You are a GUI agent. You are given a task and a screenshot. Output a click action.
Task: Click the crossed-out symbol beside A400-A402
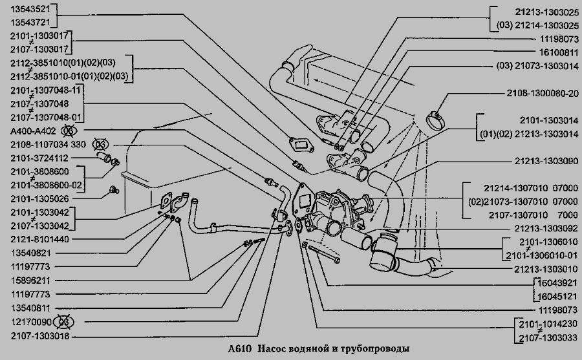click(66, 130)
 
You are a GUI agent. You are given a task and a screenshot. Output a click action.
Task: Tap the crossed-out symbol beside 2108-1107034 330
click(100, 143)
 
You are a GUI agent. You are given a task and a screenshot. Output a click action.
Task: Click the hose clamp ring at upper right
click(436, 117)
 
